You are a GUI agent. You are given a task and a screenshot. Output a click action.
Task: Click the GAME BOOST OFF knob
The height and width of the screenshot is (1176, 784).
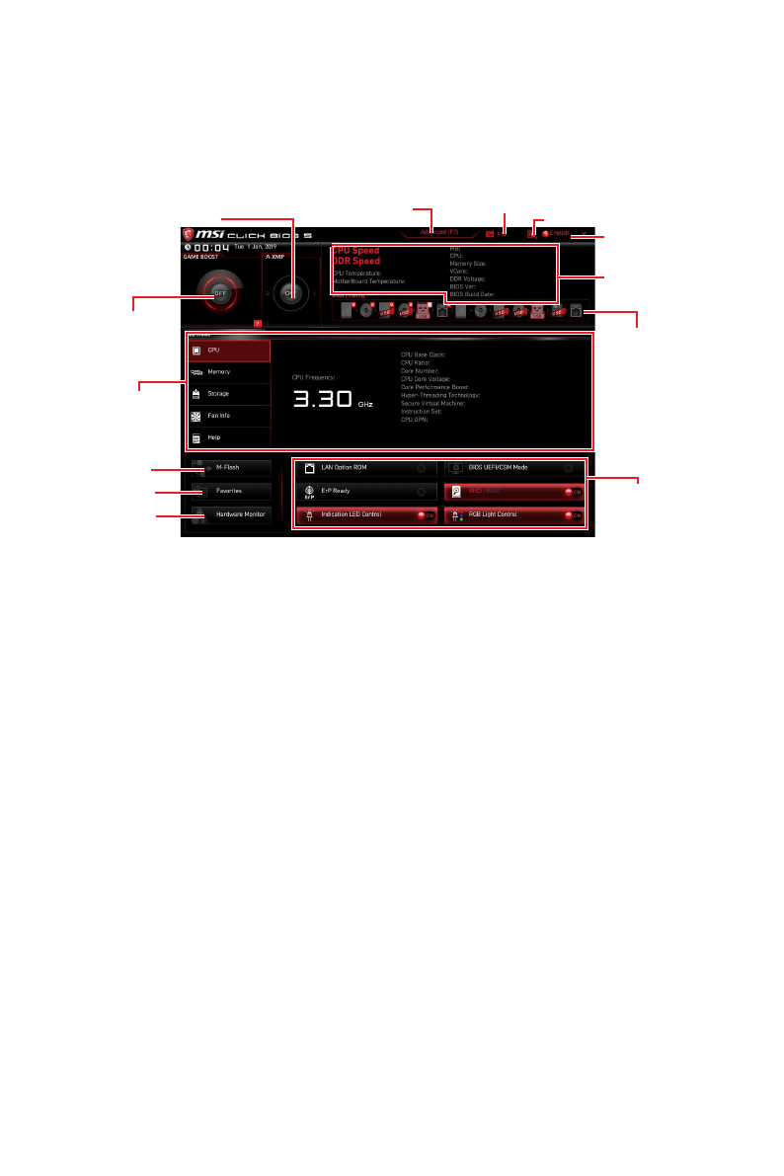218,293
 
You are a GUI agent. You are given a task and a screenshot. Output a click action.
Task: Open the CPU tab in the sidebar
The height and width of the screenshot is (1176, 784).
228,351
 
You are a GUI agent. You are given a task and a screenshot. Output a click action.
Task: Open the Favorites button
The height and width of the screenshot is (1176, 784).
228,491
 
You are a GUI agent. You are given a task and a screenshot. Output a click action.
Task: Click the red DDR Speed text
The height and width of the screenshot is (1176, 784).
356,262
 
